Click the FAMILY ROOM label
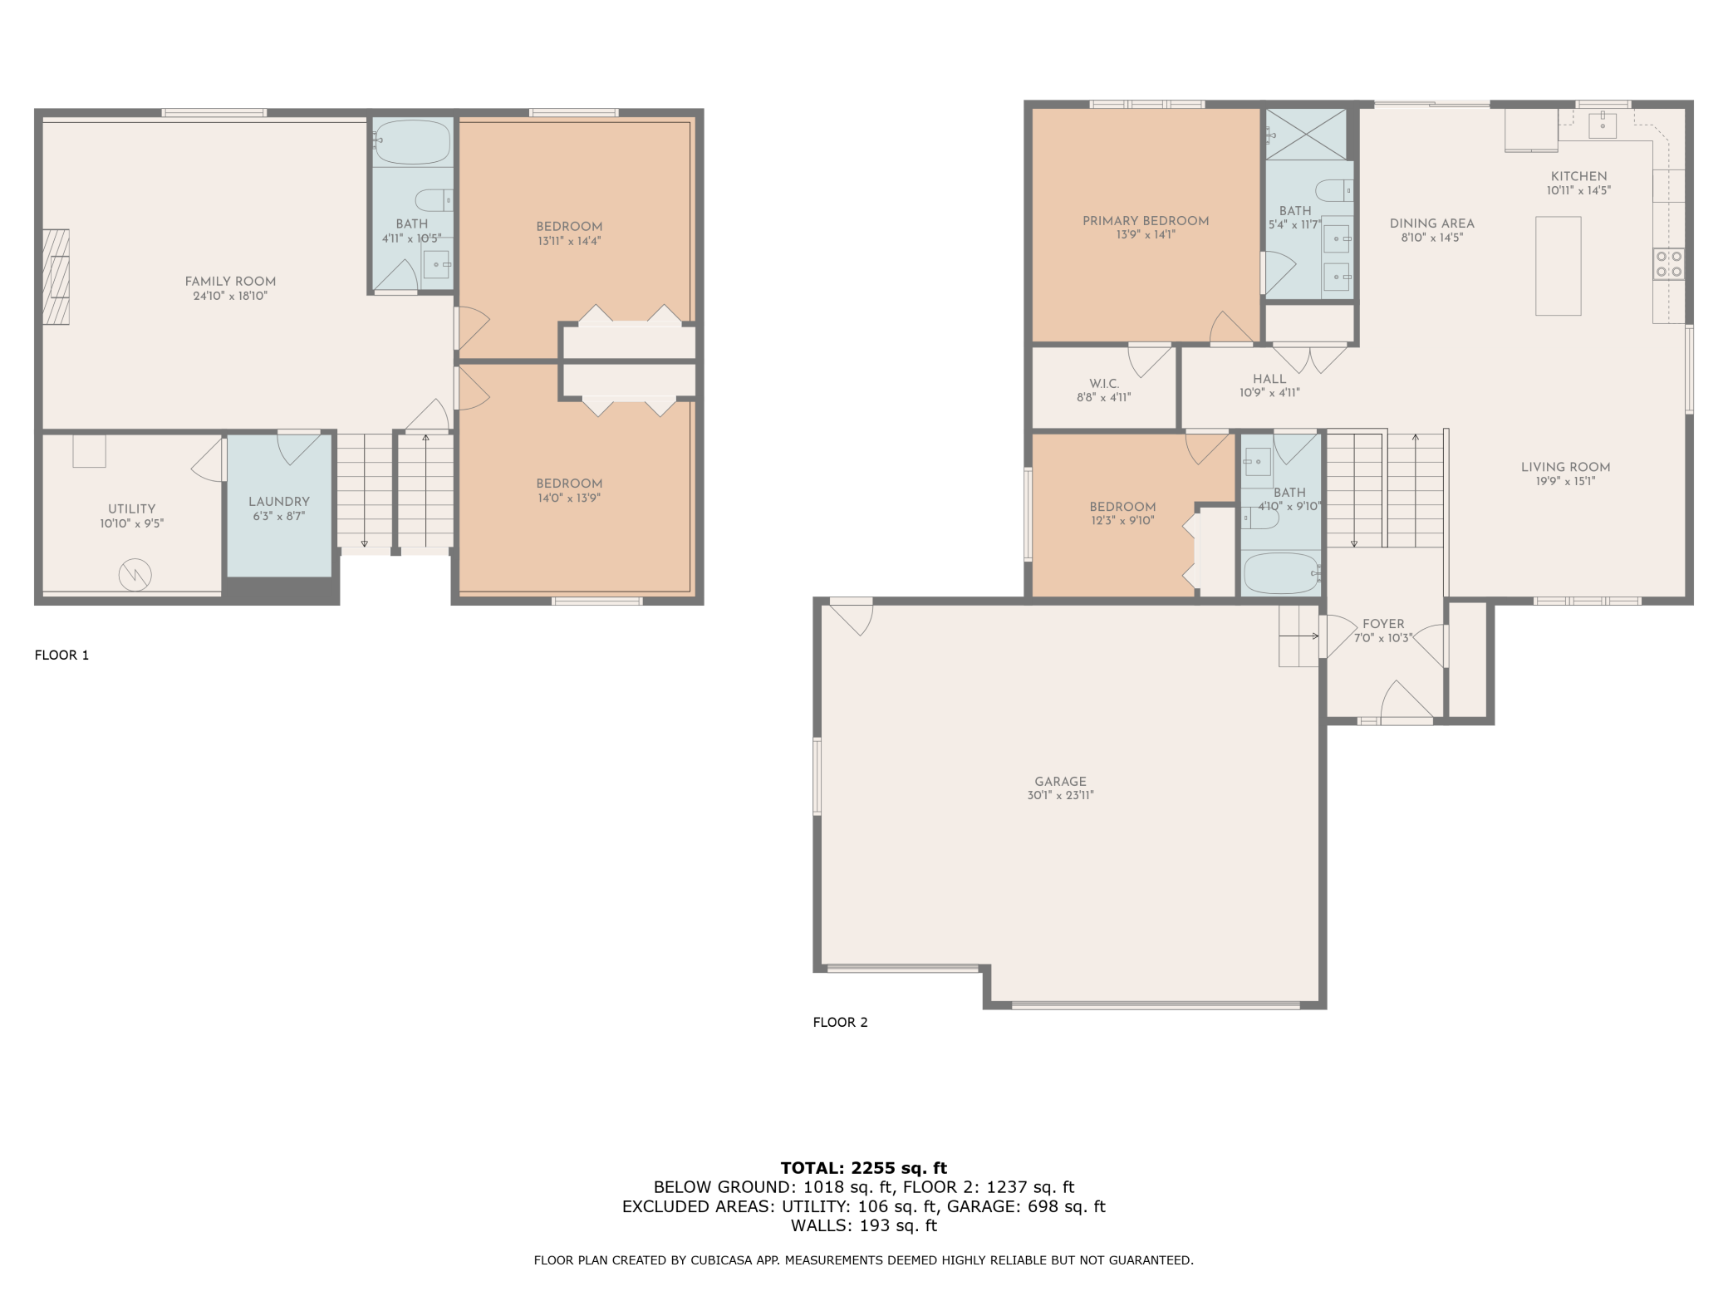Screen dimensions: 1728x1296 pos(230,282)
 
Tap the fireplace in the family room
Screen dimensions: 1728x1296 pos(56,277)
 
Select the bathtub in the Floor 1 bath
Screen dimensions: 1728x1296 pos(412,142)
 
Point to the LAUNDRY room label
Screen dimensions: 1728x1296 pos(279,502)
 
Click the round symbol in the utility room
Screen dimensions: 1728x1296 pos(135,574)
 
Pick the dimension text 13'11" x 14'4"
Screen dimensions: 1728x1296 pos(569,241)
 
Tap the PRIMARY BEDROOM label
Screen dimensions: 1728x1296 pos(1146,221)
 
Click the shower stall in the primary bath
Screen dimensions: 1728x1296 pos(1306,134)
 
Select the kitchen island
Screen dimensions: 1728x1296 pos(1558,266)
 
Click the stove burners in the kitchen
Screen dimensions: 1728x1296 pos(1669,264)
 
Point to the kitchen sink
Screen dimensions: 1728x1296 pos(1603,125)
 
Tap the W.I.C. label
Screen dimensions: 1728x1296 pos(1104,384)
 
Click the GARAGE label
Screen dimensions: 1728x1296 pos(1061,782)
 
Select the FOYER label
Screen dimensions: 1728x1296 pos(1383,624)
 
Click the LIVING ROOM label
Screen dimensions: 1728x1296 pos(1566,468)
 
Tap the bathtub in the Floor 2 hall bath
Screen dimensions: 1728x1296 pos(1281,572)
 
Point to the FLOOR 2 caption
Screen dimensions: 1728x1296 pos(840,1023)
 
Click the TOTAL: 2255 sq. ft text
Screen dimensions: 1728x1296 pos(864,1168)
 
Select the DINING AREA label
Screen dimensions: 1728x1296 pos(1432,223)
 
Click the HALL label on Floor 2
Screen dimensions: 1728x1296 pos(1269,379)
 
